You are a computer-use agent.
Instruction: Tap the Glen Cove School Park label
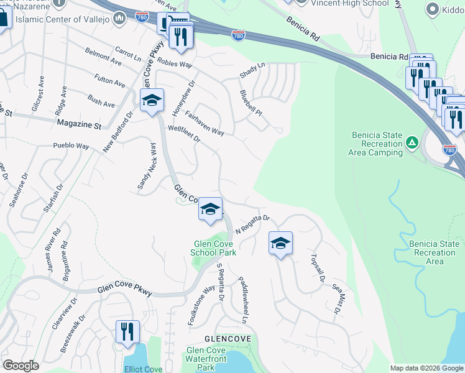213,249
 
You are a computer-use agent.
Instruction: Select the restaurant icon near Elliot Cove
127,331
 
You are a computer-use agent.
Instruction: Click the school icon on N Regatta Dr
280,242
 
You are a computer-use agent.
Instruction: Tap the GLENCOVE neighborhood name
228,339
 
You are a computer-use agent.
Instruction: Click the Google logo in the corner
21,366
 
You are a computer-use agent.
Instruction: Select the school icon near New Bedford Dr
152,101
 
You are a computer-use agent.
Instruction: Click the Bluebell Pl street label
251,104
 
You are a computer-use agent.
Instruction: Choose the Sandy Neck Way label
145,165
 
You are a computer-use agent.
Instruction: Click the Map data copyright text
426,368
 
